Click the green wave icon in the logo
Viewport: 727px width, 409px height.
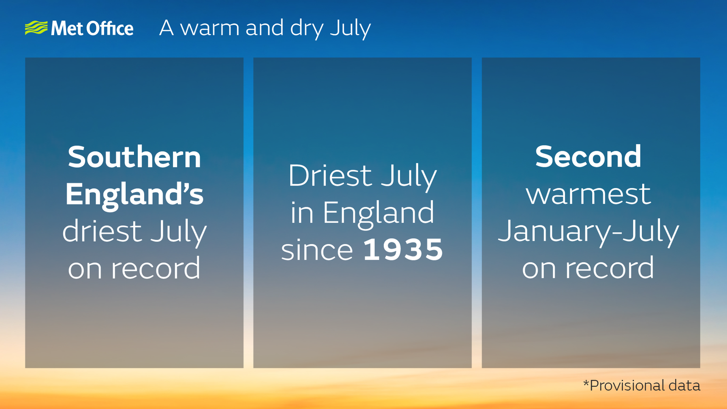pos(36,28)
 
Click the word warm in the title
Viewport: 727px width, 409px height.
pos(210,28)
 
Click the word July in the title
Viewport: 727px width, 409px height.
pos(350,29)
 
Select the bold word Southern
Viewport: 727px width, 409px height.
pos(134,157)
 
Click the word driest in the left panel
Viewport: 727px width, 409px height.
pos(102,231)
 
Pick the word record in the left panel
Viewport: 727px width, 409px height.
pos(155,268)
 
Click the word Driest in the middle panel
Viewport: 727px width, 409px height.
pos(330,175)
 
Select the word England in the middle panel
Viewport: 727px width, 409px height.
pos(378,213)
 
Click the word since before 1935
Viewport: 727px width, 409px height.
pos(317,250)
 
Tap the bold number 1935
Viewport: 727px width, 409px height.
pos(403,250)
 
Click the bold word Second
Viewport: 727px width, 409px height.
pos(588,157)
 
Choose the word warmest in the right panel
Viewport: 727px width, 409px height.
pos(588,194)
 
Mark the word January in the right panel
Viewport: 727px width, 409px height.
pos(552,231)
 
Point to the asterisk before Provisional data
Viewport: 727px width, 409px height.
pos(586,383)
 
